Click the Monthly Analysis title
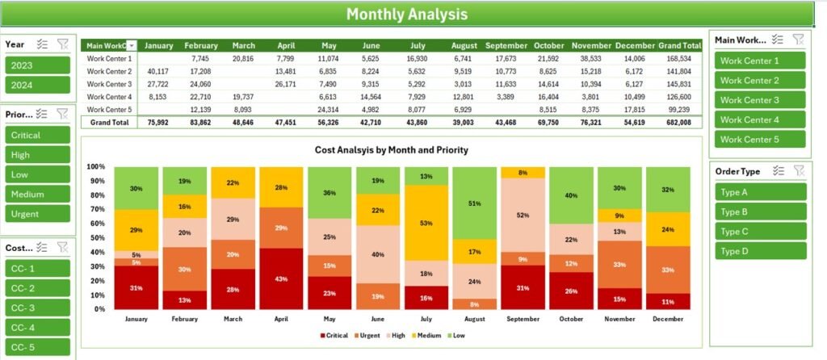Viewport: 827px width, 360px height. tap(406, 14)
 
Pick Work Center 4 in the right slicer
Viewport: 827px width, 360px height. tap(759, 119)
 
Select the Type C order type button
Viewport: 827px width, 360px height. tap(759, 231)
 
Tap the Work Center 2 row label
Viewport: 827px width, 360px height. tap(109, 71)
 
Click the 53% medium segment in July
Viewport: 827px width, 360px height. tap(426, 223)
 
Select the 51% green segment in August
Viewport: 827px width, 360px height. tap(474, 203)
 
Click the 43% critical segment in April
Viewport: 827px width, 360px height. tap(280, 278)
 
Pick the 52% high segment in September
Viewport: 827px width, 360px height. tap(523, 215)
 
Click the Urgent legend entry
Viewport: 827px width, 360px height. tap(366, 335)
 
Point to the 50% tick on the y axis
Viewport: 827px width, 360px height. tap(95, 238)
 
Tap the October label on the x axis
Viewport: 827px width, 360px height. tap(571, 320)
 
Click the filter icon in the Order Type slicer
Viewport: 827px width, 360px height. tap(798, 170)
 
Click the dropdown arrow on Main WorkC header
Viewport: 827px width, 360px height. tap(132, 46)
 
